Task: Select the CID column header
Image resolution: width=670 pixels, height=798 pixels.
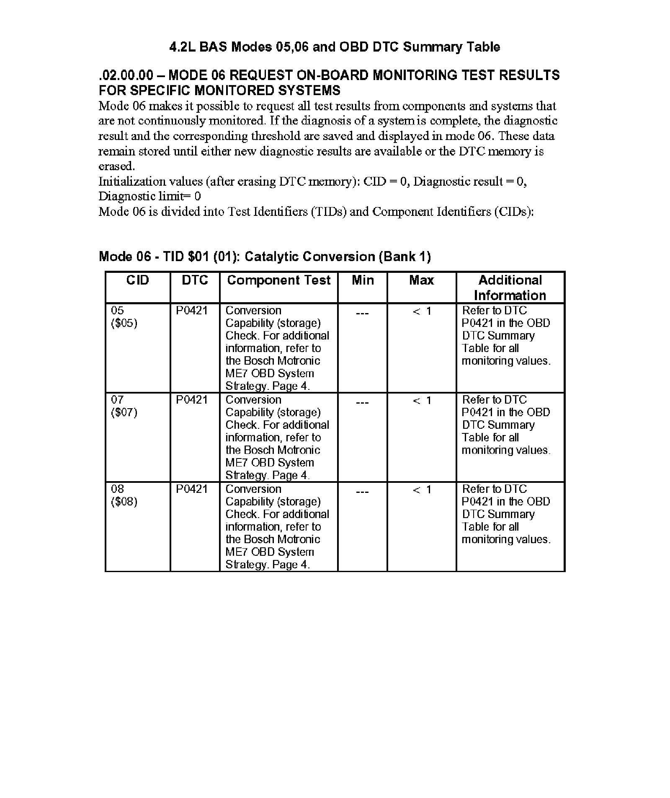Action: pyautogui.click(x=137, y=280)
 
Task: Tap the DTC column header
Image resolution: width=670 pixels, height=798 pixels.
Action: pyautogui.click(x=195, y=280)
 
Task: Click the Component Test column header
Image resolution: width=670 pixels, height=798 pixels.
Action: pyautogui.click(x=278, y=280)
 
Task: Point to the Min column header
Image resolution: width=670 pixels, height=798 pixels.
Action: pyautogui.click(x=363, y=280)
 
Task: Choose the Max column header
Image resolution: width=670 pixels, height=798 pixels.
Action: pyautogui.click(x=421, y=280)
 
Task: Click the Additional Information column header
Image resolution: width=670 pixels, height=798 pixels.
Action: pyautogui.click(x=510, y=288)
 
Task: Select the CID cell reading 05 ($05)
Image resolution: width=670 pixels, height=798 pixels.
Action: pyautogui.click(x=124, y=317)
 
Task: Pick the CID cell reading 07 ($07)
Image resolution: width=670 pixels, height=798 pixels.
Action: pyautogui.click(x=124, y=406)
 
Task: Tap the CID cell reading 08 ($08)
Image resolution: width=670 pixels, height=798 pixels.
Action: pyautogui.click(x=124, y=495)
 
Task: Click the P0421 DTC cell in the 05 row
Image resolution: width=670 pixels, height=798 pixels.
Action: pyautogui.click(x=191, y=311)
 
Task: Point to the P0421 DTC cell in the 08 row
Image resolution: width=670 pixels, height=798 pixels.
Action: pyautogui.click(x=191, y=489)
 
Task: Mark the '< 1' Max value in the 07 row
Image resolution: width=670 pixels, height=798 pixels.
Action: pyautogui.click(x=422, y=401)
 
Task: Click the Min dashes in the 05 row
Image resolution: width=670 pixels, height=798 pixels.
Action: pyautogui.click(x=362, y=312)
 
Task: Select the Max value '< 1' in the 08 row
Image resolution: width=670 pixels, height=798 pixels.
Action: pyautogui.click(x=422, y=490)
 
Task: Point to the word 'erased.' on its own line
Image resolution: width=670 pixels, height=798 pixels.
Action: pyautogui.click(x=117, y=166)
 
